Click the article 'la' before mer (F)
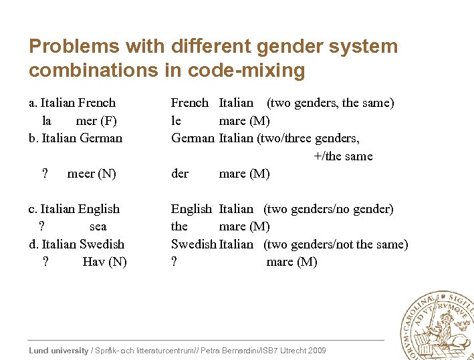(47, 121)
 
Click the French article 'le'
(176, 121)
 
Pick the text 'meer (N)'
(92, 174)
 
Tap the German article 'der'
(180, 174)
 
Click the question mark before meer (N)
(45, 174)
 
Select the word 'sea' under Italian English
(98, 226)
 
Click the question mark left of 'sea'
(42, 226)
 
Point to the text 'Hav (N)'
(104, 262)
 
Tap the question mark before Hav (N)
(45, 262)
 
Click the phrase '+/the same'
(343, 156)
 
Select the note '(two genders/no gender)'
(328, 209)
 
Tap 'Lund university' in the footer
(59, 351)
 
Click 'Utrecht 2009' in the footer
(305, 351)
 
